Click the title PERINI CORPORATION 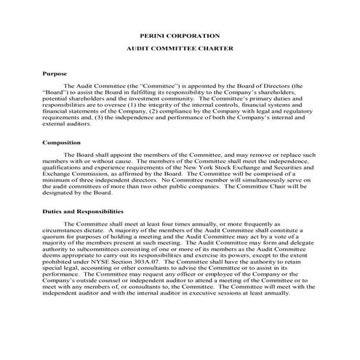tap(179, 36)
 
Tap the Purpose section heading tap(55, 73)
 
